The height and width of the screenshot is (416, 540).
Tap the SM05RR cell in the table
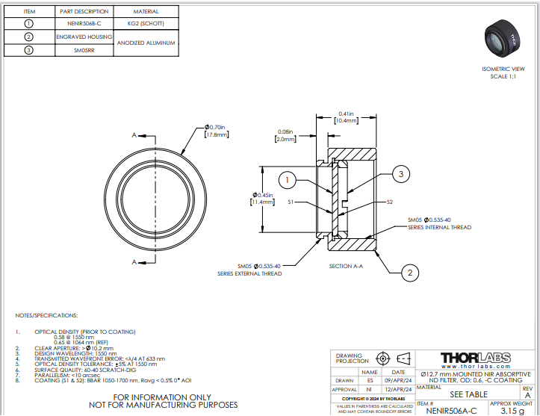[84, 50]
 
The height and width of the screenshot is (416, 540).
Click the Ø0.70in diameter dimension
[217, 131]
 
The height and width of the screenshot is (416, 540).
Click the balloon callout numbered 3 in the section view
[400, 174]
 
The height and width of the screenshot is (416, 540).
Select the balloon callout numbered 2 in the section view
[409, 273]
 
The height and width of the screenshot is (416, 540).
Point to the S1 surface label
[292, 202]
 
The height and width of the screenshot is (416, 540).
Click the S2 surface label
[390, 202]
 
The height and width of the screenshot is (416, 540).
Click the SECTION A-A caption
[346, 265]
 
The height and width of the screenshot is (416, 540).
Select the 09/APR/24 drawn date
[398, 380]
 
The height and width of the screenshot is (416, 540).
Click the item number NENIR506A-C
[450, 410]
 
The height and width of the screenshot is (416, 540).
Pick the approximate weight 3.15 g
[512, 410]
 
